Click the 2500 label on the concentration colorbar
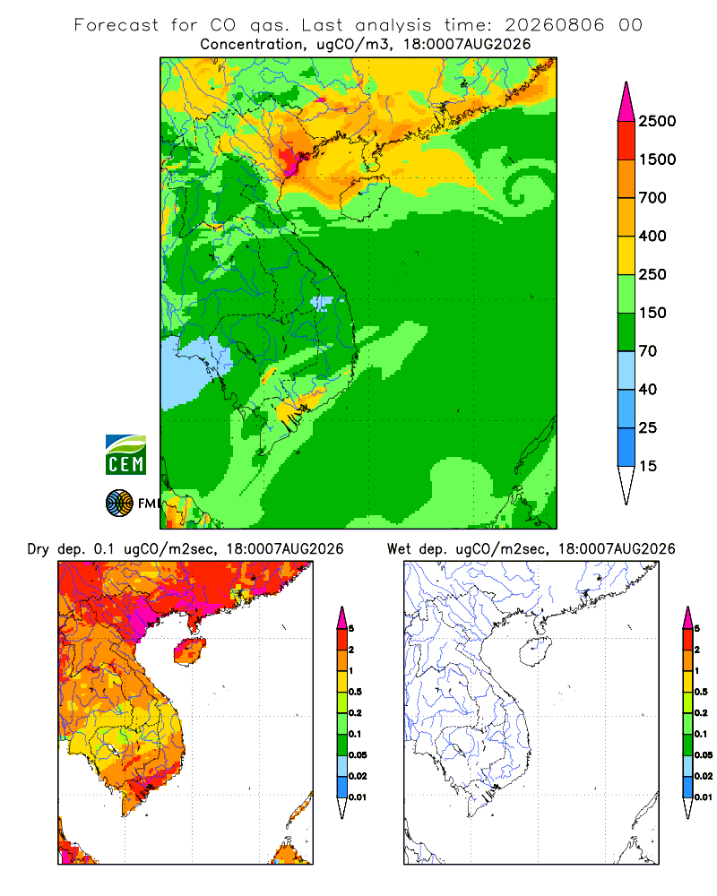(x=657, y=121)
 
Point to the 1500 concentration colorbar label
(x=657, y=159)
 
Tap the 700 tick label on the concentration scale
(x=652, y=198)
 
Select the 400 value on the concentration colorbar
(x=652, y=236)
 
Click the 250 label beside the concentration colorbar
(x=652, y=274)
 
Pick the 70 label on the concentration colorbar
(x=648, y=351)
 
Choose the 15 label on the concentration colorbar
(x=648, y=466)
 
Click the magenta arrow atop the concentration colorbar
(x=626, y=103)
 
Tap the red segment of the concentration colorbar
(x=626, y=141)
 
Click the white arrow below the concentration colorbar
(x=626, y=483)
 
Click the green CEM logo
(x=125, y=455)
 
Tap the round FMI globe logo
(x=119, y=504)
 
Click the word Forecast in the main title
(x=117, y=24)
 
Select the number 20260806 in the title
(x=554, y=24)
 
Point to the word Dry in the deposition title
(x=39, y=549)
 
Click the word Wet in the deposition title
(x=399, y=549)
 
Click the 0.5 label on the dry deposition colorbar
(x=355, y=692)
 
